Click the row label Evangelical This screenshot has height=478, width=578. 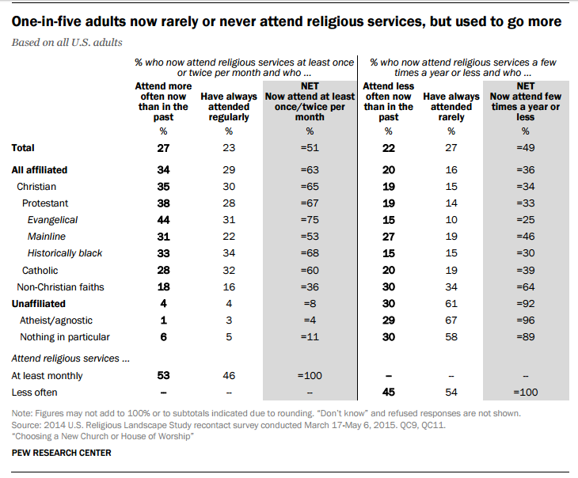pyautogui.click(x=53, y=219)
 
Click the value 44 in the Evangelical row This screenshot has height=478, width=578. pyautogui.click(x=164, y=219)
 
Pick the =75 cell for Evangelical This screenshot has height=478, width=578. pyautogui.click(x=309, y=219)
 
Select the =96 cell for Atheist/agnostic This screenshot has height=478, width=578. pyautogui.click(x=526, y=320)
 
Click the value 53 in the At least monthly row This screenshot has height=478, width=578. pyautogui.click(x=164, y=377)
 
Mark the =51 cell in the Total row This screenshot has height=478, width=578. pyautogui.click(x=309, y=147)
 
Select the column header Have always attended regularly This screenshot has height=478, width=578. pyautogui.click(x=229, y=107)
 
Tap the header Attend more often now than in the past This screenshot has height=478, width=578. pyautogui.click(x=164, y=101)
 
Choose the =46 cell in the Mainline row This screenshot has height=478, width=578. pyautogui.click(x=526, y=236)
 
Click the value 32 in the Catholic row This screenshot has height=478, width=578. pyautogui.click(x=229, y=270)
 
